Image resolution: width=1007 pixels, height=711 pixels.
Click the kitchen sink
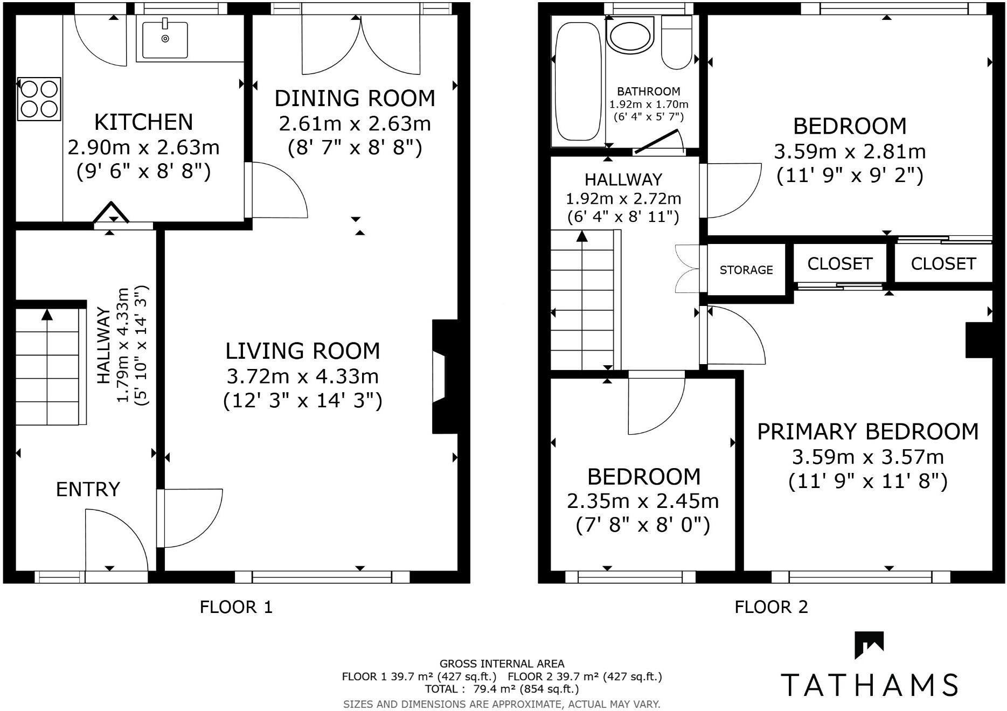[165, 39]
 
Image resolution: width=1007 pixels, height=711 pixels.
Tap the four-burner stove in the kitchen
[39, 99]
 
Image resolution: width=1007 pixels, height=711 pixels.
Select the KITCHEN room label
[143, 122]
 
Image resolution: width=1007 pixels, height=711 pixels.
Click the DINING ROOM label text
[355, 99]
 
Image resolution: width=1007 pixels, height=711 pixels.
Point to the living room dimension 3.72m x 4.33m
[302, 376]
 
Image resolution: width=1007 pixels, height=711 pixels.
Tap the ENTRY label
[88, 489]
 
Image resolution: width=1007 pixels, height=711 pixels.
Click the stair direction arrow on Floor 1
[47, 316]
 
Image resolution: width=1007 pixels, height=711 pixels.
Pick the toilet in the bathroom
[676, 43]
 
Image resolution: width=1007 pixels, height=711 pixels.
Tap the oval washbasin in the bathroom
[629, 35]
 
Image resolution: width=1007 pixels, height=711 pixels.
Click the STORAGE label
[746, 270]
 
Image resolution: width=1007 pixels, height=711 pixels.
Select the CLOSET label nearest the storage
[839, 263]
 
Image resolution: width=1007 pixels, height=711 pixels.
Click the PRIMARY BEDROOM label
[867, 432]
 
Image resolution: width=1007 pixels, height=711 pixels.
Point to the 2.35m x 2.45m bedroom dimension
[643, 501]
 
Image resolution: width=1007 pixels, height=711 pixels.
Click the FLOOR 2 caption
[771, 608]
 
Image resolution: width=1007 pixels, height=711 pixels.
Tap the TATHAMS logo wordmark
[869, 684]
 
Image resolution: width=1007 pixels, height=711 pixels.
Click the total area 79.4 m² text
[501, 689]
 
